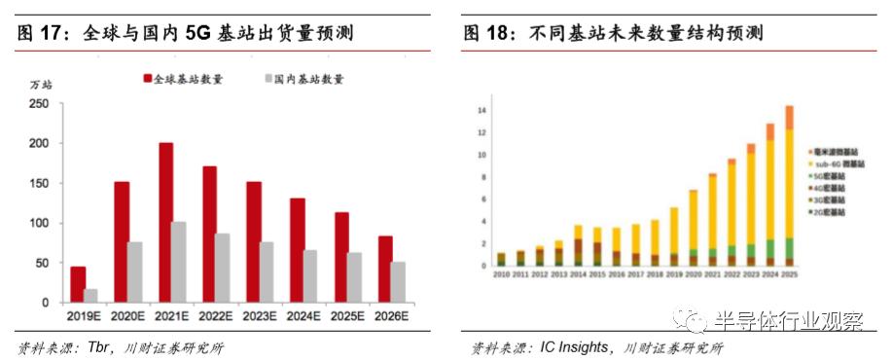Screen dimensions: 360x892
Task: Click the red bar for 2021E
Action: (x=165, y=223)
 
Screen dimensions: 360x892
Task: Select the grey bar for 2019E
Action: (x=89, y=295)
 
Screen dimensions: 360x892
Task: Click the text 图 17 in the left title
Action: (x=39, y=34)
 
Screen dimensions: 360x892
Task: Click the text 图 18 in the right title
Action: (x=486, y=34)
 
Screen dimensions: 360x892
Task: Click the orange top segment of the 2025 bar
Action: (x=788, y=117)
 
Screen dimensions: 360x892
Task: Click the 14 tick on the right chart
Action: (x=481, y=110)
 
